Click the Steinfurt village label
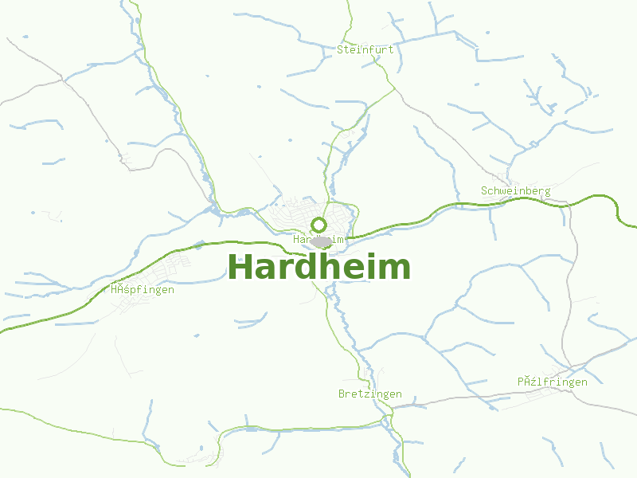365,49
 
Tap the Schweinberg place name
516,191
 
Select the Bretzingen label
370,394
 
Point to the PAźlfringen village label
553,382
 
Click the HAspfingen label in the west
143,290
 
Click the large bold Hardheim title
319,267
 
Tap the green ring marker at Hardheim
318,225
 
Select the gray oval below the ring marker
321,241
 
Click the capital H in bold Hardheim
240,267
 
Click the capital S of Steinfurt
340,49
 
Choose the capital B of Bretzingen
342,394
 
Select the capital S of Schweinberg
484,191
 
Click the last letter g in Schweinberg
548,192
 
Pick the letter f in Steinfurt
372,49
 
